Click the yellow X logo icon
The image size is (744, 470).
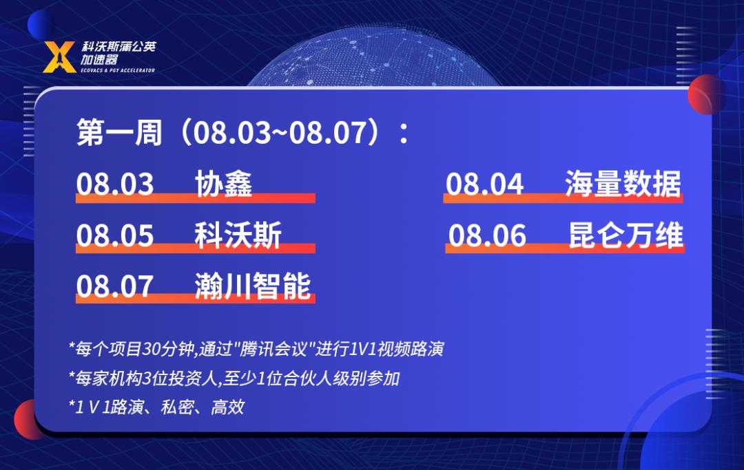(x=59, y=57)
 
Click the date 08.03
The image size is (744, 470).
(x=115, y=184)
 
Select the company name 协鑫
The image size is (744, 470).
(x=223, y=184)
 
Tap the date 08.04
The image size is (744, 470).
(x=484, y=184)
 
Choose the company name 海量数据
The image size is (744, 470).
(x=623, y=184)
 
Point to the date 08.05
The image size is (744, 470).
(x=115, y=235)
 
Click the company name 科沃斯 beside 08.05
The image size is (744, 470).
(x=238, y=235)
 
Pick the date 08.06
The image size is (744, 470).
(x=487, y=235)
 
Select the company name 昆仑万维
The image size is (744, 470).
(x=626, y=235)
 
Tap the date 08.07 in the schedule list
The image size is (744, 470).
(x=115, y=286)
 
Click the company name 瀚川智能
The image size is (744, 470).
(x=252, y=286)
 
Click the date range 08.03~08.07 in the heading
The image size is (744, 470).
(x=280, y=132)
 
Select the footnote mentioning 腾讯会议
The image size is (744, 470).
(x=256, y=349)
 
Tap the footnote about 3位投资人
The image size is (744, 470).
(x=234, y=378)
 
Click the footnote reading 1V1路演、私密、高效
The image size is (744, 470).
(x=156, y=407)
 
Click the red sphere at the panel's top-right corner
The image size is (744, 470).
(x=706, y=94)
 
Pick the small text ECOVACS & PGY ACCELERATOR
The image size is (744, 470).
(x=118, y=70)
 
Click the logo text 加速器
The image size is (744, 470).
(x=99, y=59)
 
